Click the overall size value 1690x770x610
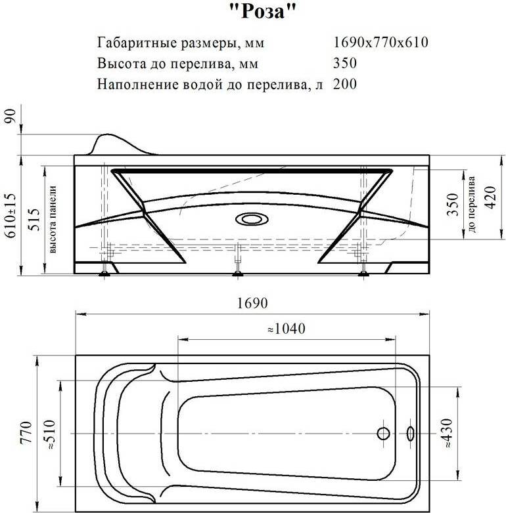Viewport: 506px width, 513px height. click(380, 42)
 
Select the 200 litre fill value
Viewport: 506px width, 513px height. click(345, 84)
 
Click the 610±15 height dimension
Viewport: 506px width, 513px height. click(10, 216)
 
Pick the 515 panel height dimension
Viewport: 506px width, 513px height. click(34, 220)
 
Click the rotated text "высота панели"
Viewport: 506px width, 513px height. click(53, 219)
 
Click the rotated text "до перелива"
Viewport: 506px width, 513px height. click(472, 205)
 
